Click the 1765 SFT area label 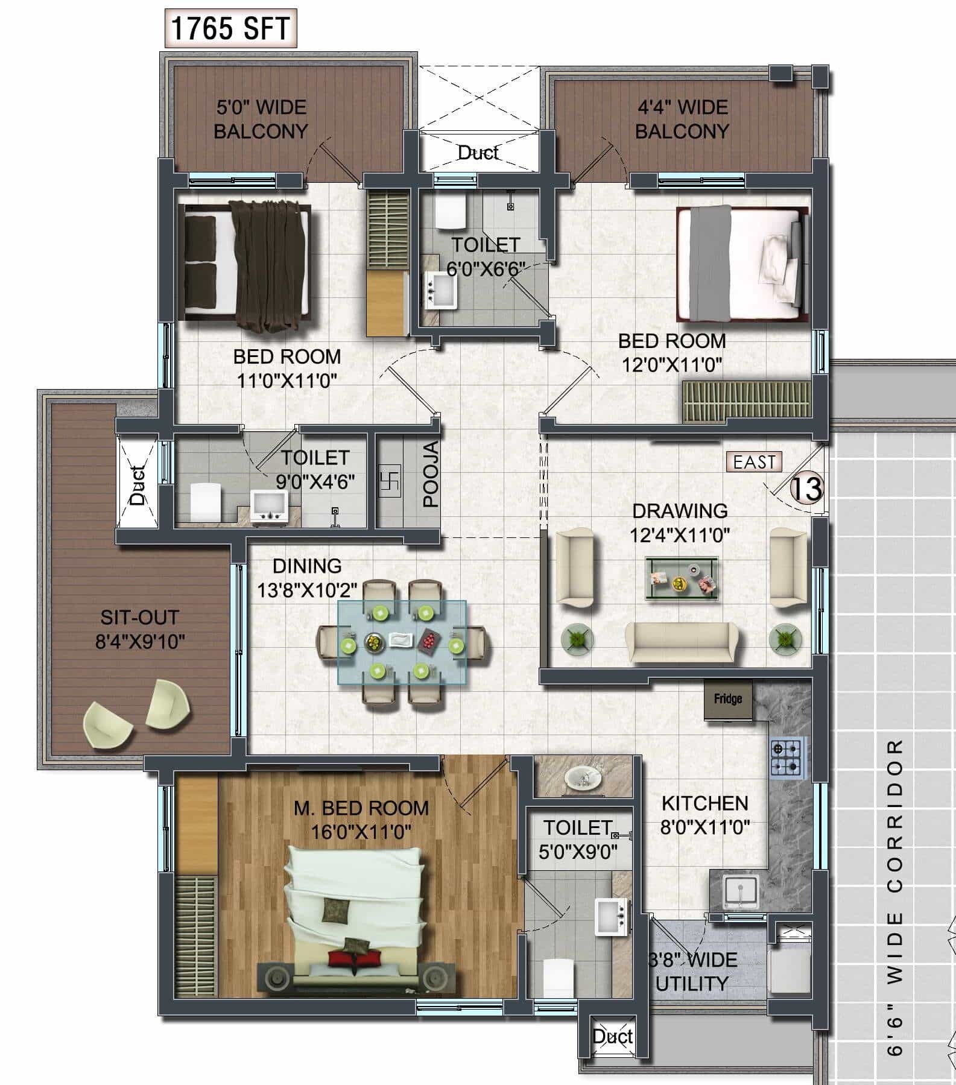coord(230,28)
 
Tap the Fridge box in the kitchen coord(728,699)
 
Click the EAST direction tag coord(754,462)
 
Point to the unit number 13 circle coord(806,489)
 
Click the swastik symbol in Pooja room coord(389,481)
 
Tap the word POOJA coord(430,475)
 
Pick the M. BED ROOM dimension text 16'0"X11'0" coord(361,832)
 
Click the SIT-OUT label coord(140,618)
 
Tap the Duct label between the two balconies coord(478,153)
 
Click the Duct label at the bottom coord(612,1036)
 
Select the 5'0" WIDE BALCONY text coord(261,119)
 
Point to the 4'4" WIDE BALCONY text coord(682,119)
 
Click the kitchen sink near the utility coord(739,890)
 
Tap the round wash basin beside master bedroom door coord(582,778)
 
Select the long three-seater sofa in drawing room coord(681,642)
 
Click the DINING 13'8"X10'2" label coord(307,578)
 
